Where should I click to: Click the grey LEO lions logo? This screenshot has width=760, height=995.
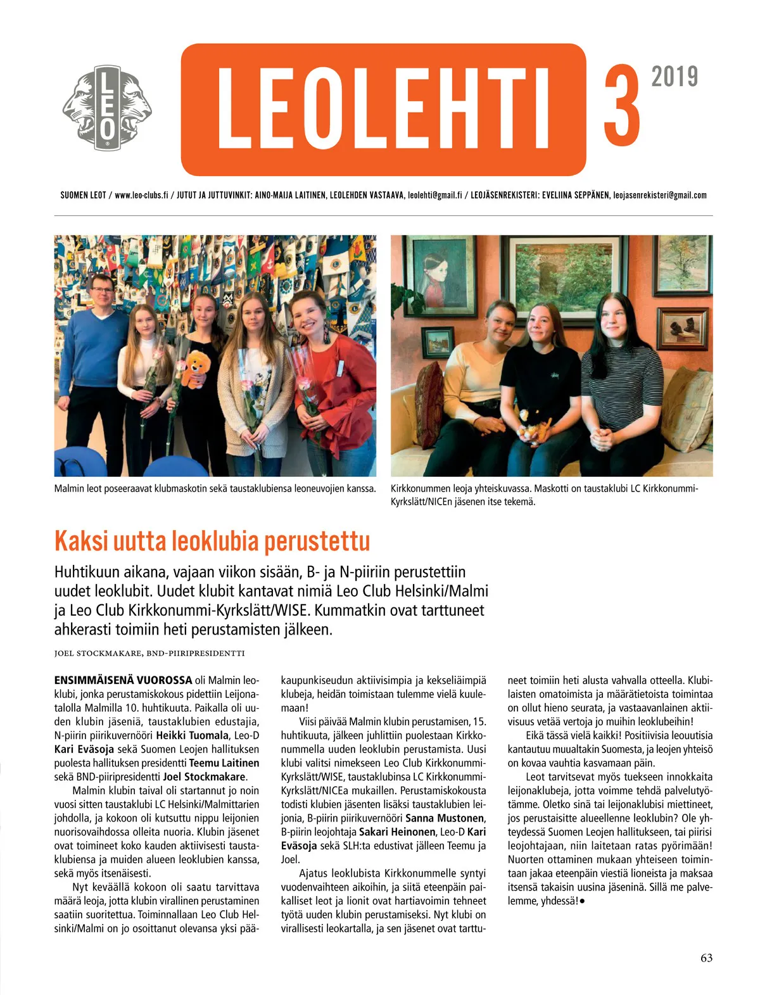point(107,108)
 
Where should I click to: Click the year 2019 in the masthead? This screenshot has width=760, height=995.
point(674,77)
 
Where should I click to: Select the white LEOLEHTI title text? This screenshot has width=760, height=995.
point(383,108)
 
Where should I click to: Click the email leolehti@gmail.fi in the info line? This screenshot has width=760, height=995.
point(434,195)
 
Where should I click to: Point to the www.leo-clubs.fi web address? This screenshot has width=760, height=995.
point(141,195)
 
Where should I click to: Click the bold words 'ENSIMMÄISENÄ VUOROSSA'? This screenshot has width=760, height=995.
point(123,680)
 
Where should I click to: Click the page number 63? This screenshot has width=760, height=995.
point(706,958)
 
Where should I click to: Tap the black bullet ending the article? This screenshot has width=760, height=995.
point(582,901)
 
